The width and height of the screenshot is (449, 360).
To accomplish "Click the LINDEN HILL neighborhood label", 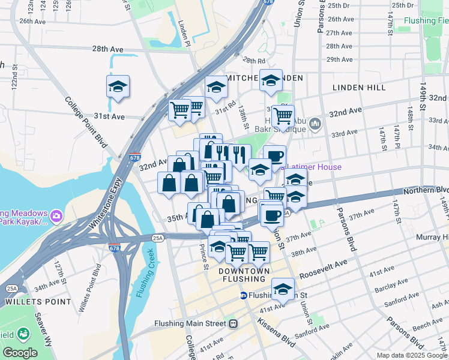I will click(x=359, y=88).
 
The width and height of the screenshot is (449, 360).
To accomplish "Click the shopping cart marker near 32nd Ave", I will click(x=283, y=115).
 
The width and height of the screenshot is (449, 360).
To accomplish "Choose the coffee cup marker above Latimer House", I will click(x=274, y=156).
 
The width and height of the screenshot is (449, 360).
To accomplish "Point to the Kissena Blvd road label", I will click(x=277, y=332).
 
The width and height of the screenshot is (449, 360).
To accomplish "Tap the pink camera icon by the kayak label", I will click(x=56, y=215).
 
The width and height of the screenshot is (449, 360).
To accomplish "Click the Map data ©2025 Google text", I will click(x=412, y=355).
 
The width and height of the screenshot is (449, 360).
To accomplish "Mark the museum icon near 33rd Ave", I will click(x=316, y=125).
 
